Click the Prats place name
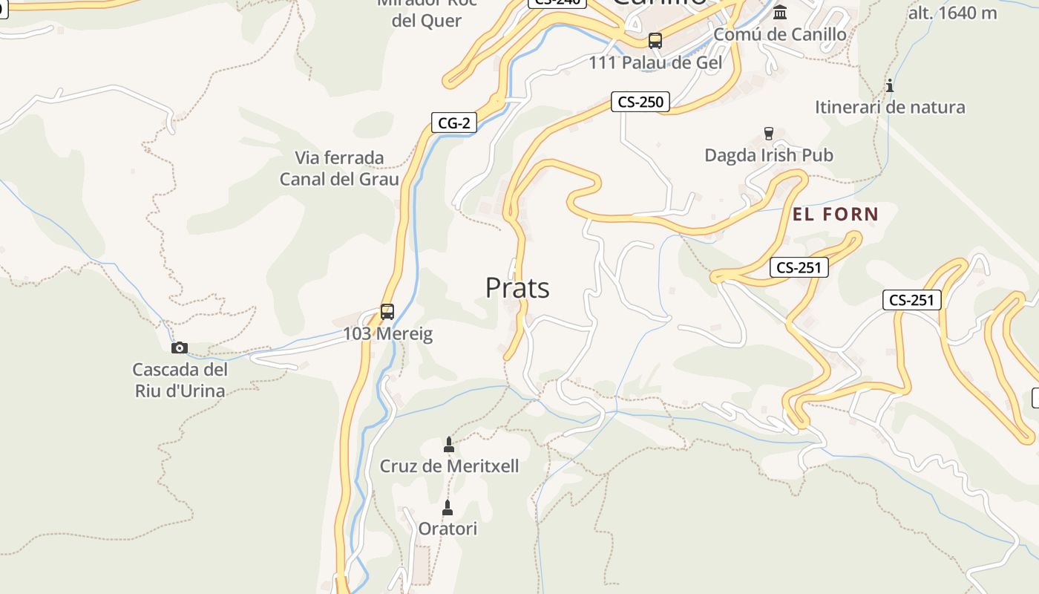517,288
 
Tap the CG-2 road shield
453,123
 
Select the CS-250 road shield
640,102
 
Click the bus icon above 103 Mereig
387,312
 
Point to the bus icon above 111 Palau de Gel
655,41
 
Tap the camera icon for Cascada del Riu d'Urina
179,347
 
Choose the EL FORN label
836,215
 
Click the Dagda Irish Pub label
768,155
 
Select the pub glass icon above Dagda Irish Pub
768,134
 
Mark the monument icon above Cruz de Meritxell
448,445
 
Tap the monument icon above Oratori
448,508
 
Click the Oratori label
448,529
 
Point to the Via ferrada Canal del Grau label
339,169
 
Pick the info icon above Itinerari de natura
889,85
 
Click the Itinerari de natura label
890,107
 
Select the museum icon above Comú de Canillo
780,13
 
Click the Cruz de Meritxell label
449,466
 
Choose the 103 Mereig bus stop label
387,334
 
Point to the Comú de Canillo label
779,34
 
